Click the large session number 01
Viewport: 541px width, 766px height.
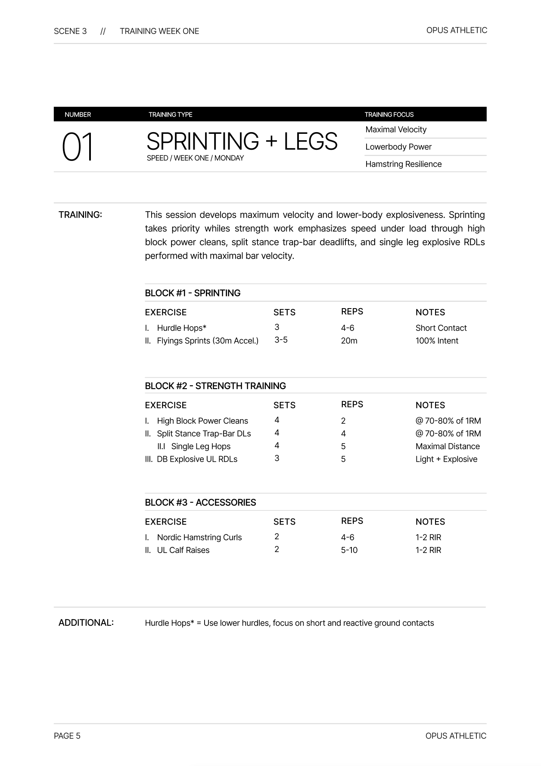pos(78,148)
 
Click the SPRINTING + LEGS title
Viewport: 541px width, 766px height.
pos(242,142)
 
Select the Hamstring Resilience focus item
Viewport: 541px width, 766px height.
pos(403,164)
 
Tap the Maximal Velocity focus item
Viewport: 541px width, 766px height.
pos(396,130)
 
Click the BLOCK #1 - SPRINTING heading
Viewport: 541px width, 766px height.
pos(193,293)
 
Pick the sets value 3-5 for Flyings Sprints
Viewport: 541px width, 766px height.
pos(281,340)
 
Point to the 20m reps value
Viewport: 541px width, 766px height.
pos(349,341)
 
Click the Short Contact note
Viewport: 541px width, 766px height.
pos(441,328)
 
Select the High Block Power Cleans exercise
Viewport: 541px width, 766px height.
pos(202,421)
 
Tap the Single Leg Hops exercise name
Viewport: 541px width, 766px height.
pos(201,446)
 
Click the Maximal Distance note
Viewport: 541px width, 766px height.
pos(448,446)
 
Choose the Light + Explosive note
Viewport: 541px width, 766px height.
pos(446,459)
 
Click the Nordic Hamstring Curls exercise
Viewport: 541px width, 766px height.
pos(199,537)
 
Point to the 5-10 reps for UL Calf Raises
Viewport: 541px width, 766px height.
pos(349,550)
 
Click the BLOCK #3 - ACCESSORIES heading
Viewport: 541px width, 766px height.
pos(200,503)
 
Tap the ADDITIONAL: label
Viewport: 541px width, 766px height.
pos(86,623)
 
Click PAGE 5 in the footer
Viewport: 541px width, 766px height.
pos(67,736)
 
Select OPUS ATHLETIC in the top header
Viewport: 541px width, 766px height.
pos(457,30)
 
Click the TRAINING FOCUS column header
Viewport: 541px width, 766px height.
pos(389,114)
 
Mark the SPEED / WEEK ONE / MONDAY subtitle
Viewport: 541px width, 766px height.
pos(195,158)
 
